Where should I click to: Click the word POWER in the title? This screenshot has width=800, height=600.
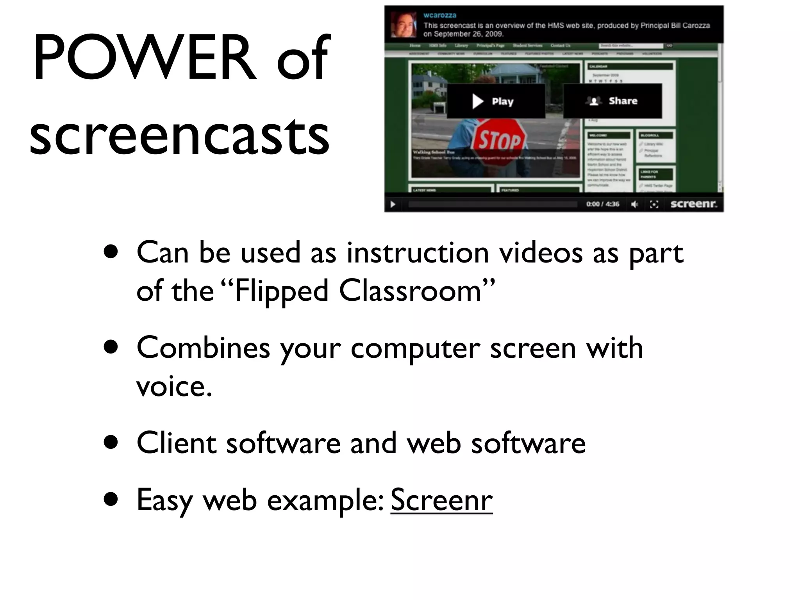pyautogui.click(x=145, y=59)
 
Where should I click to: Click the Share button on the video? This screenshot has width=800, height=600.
pyautogui.click(x=612, y=101)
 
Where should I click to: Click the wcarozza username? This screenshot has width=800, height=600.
pyautogui.click(x=440, y=15)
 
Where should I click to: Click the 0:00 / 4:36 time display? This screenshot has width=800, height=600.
pyautogui.click(x=602, y=204)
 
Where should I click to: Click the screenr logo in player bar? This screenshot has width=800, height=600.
pyautogui.click(x=694, y=204)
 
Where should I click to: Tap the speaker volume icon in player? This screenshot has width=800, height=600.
pyautogui.click(x=635, y=204)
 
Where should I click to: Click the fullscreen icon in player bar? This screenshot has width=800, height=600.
pyautogui.click(x=654, y=204)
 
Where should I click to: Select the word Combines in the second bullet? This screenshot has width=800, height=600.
pyautogui.click(x=203, y=348)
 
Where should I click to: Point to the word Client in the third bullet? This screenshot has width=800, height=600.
pyautogui.click(x=177, y=443)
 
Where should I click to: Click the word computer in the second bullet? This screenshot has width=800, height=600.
pyautogui.click(x=415, y=348)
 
